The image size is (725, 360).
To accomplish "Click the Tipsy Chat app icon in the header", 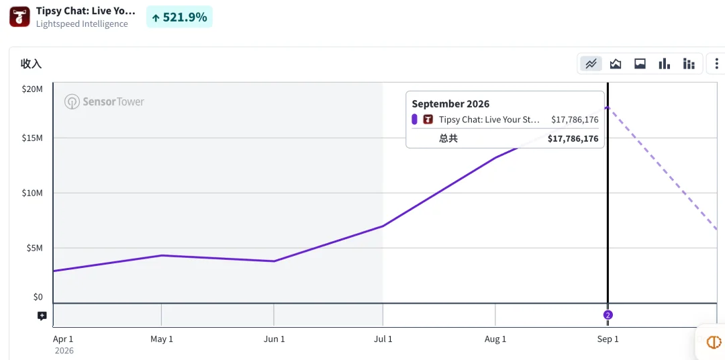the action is point(19,17).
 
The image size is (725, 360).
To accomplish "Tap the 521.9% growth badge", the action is point(179,17).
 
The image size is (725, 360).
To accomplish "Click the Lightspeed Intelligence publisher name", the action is point(82,24).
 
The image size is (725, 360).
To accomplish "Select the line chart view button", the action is point(591,64).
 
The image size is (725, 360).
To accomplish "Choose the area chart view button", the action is point(616,64).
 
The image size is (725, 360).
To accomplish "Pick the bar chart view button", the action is point(665,64).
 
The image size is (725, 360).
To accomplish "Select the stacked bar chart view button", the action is point(689,64).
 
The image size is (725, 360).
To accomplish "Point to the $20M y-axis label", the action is point(32,89).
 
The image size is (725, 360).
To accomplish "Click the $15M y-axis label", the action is point(32,138).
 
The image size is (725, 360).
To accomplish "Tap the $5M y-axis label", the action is point(34,248).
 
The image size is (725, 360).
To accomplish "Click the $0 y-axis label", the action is point(38,297).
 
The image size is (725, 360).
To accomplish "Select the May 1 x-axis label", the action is point(162,339).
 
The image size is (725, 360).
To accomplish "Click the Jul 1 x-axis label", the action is point(383,339).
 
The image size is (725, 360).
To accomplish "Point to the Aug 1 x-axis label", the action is point(495,339).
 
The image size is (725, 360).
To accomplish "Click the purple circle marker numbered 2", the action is point(608,315).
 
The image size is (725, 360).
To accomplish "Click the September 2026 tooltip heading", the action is point(450,103).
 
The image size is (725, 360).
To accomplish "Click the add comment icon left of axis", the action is point(42,316).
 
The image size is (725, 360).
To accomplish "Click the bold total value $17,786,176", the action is point(573,138).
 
